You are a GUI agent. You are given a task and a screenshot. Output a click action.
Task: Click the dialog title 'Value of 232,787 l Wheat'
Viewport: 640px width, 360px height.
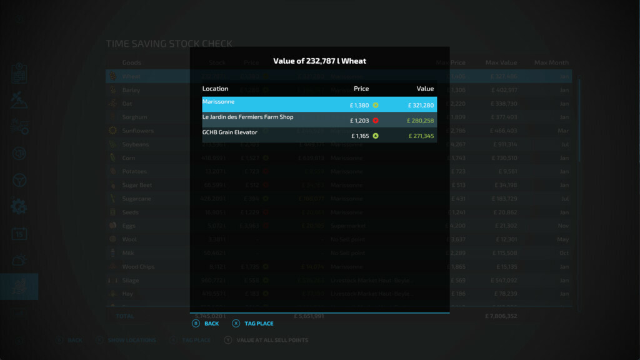click(319, 61)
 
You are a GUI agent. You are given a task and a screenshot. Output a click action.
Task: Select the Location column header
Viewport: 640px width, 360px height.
click(215, 89)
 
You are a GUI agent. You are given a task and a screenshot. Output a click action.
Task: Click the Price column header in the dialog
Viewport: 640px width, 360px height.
click(361, 89)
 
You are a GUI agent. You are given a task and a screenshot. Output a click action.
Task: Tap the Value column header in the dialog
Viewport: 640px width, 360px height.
click(425, 89)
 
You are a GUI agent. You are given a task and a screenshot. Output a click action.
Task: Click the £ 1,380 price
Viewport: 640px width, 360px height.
click(359, 105)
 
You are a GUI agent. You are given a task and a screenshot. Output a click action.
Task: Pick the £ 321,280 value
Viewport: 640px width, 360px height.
click(421, 105)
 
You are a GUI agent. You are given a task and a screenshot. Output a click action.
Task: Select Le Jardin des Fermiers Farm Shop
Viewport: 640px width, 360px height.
click(247, 117)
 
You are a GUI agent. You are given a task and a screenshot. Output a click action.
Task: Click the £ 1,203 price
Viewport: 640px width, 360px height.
click(359, 121)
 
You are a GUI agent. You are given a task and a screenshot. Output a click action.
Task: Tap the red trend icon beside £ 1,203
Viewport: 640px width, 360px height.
click(376, 121)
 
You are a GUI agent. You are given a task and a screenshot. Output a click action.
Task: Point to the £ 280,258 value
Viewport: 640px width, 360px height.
click(421, 121)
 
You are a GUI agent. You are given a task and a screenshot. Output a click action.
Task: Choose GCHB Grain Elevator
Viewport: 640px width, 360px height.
click(229, 132)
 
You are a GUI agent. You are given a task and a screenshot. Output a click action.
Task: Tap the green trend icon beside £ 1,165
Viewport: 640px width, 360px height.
click(376, 136)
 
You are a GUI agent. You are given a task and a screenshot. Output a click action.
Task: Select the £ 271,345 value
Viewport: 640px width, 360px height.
click(421, 136)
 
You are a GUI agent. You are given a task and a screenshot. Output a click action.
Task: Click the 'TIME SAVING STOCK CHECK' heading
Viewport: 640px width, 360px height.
click(169, 44)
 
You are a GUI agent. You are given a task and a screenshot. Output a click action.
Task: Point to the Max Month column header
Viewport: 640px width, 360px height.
click(551, 62)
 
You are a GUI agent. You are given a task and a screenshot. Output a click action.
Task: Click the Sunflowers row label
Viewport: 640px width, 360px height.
click(137, 131)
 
